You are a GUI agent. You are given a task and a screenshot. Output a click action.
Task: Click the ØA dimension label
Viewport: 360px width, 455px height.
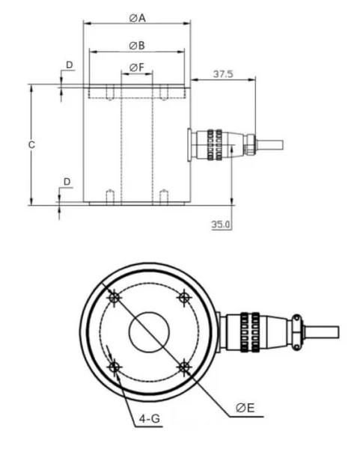(137, 18)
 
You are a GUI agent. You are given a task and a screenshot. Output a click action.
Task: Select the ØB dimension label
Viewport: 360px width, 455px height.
(137, 46)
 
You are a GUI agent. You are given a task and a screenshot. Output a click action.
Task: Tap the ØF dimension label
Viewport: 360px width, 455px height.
(137, 67)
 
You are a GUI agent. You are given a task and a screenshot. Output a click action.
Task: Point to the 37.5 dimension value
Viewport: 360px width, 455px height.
(223, 73)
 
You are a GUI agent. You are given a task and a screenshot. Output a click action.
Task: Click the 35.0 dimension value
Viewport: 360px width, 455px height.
(221, 224)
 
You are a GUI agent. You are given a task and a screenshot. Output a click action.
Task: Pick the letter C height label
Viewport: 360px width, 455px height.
(31, 144)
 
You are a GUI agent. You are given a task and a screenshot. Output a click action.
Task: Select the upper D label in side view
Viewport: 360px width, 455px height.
(70, 65)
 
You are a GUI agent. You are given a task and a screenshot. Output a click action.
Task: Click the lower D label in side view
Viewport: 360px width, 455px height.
(67, 182)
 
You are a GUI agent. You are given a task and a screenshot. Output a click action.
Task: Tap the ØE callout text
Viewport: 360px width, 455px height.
(245, 408)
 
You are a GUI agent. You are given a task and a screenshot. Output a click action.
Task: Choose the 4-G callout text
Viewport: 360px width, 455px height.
(150, 418)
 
